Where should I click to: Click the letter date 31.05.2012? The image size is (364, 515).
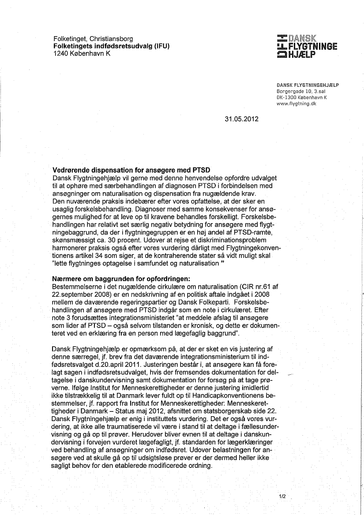pyautogui.click(x=241, y=119)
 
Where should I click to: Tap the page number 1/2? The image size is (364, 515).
pyautogui.click(x=282, y=496)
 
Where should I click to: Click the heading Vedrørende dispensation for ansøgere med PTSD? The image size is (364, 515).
pyautogui.click(x=131, y=170)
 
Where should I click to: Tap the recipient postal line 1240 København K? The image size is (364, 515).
pyautogui.click(x=82, y=53)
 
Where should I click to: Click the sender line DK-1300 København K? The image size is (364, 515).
pyautogui.click(x=301, y=97)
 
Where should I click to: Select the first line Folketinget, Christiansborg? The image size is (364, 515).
pyautogui.click(x=93, y=39)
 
